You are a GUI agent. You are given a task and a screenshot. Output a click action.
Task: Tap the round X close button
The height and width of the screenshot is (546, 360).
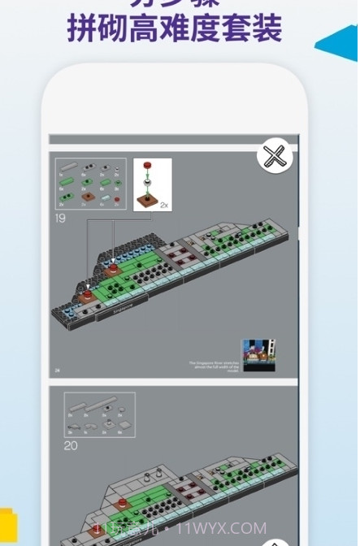coord(275,156)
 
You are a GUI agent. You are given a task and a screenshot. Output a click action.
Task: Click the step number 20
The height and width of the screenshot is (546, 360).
coord(70,445)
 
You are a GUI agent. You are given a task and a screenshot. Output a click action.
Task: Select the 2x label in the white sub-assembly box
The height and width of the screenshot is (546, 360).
coord(164,206)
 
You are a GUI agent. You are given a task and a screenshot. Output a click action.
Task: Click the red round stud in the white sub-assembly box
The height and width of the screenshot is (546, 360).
coord(148,167)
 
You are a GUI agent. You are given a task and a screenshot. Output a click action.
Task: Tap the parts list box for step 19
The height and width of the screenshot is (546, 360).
coord(90,184)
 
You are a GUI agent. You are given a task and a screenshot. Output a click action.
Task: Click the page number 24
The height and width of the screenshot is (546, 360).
coord(58,370)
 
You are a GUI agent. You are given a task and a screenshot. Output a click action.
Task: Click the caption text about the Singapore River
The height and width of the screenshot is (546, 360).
coord(213,365)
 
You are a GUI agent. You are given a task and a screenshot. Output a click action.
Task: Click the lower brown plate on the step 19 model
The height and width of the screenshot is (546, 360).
coord(88,298)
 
